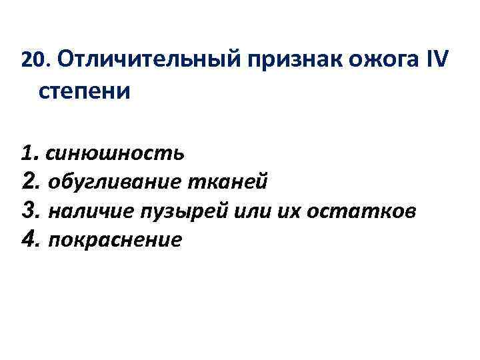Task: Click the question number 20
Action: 30,61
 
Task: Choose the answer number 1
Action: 27,153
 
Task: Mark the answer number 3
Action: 28,211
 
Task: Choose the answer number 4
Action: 28,239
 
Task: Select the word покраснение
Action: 115,240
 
